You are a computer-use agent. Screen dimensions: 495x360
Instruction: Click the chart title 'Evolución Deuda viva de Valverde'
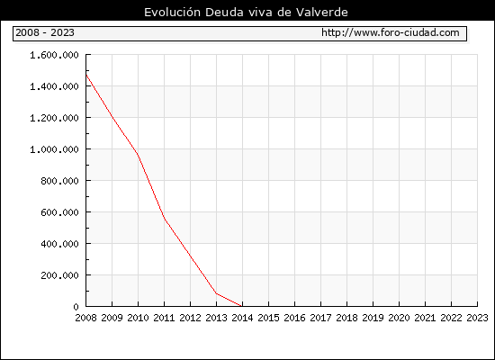click(x=246, y=13)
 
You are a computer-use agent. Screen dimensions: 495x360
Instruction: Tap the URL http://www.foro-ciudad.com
click(x=391, y=32)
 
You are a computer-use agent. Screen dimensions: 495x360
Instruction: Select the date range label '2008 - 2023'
click(x=45, y=32)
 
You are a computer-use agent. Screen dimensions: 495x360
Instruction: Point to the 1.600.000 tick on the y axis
click(x=54, y=55)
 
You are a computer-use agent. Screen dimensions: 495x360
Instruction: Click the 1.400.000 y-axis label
click(x=54, y=86)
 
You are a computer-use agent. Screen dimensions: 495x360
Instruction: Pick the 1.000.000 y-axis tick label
click(x=54, y=149)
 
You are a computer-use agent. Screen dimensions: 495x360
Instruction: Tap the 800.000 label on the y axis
click(x=59, y=181)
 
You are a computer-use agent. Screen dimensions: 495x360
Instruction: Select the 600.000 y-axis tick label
click(x=59, y=212)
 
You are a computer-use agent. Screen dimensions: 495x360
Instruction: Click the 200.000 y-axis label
click(x=59, y=275)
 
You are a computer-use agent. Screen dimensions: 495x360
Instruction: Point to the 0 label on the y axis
click(x=76, y=307)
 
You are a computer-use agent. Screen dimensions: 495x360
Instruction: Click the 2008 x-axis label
click(x=85, y=318)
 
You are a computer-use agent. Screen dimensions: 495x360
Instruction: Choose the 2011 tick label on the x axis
click(x=164, y=318)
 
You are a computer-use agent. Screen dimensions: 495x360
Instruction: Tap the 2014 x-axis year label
click(x=242, y=318)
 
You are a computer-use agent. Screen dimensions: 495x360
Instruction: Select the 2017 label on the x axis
click(x=320, y=318)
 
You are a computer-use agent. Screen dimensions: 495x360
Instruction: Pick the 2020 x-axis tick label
click(x=399, y=318)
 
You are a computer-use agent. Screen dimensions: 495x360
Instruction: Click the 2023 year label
click(x=477, y=318)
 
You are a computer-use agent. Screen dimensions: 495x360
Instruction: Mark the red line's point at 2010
click(x=138, y=155)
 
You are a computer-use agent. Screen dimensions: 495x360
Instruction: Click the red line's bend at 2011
click(x=165, y=219)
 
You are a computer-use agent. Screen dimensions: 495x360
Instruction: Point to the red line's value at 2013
click(x=216, y=293)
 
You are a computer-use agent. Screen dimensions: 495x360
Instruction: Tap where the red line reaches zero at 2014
click(x=242, y=306)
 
